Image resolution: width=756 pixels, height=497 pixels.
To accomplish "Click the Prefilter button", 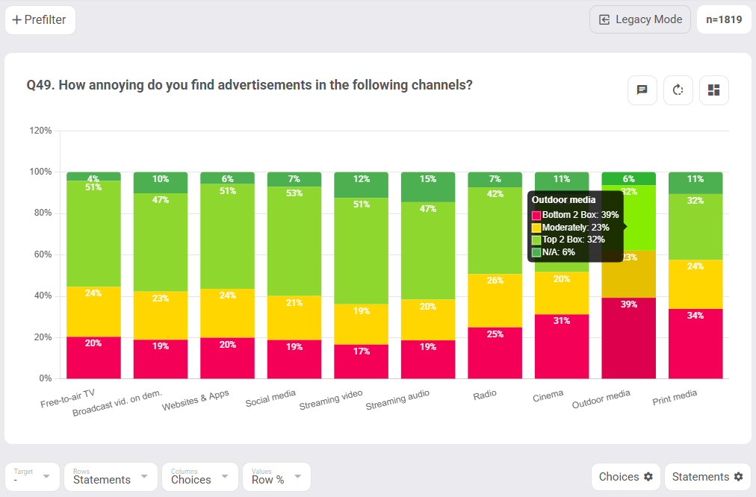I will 40,20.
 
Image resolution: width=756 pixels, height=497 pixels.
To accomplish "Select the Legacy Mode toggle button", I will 639,19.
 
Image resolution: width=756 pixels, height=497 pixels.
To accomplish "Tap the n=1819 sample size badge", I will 724,19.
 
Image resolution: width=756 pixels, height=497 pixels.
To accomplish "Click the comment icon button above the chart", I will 642,90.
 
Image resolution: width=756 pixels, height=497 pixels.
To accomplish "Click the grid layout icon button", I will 713,90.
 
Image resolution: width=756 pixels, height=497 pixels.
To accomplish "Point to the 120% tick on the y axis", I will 40,131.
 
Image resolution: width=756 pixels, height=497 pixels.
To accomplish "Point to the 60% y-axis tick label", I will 42,254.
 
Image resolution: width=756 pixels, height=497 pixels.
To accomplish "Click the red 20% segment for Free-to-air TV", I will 93,357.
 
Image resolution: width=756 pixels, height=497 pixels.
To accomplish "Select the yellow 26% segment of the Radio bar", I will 495,300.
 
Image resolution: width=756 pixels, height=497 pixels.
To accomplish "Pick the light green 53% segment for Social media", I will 294,240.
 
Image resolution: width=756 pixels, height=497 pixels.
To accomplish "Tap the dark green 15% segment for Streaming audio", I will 428,187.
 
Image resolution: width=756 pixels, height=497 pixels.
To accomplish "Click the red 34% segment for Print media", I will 695,343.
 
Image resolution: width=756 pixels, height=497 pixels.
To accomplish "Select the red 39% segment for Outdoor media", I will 628,338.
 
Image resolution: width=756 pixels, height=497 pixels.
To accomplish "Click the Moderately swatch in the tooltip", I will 536,228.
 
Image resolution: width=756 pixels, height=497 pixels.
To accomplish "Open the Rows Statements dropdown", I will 111,477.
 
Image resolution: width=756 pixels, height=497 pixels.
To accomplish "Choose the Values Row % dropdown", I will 276,477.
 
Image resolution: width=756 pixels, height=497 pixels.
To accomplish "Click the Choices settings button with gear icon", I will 625,477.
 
